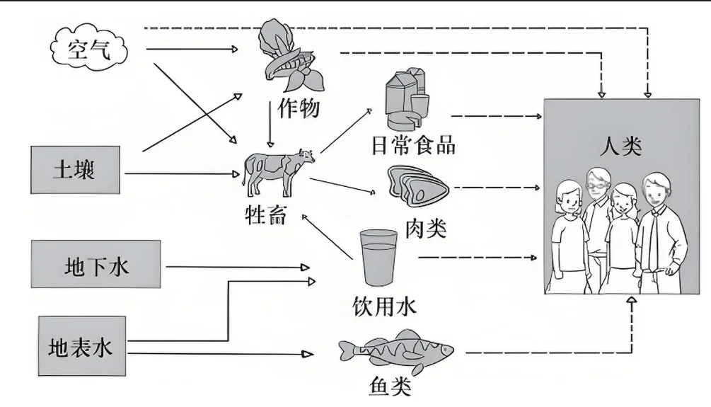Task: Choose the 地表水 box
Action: pyautogui.click(x=81, y=347)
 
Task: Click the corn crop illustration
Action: pyautogui.click(x=288, y=57)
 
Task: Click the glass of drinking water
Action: pyautogui.click(x=376, y=256)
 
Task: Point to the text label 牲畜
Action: pyautogui.click(x=266, y=214)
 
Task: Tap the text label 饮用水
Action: pyautogui.click(x=384, y=305)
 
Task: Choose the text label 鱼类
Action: pyautogui.click(x=390, y=386)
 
